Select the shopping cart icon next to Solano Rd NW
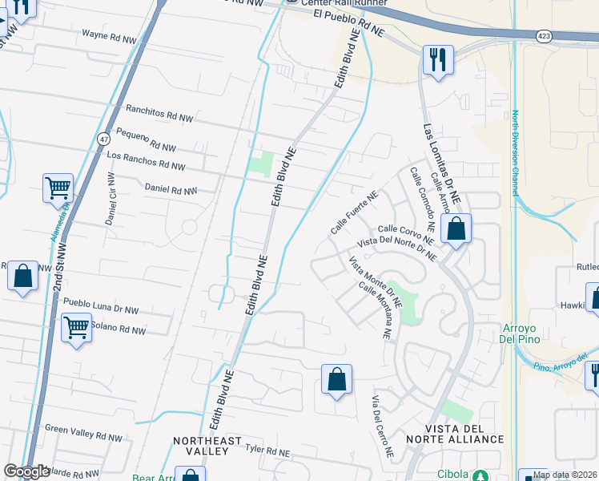point(76,327)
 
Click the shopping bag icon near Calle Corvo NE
point(456,229)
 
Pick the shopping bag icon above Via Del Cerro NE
point(337,379)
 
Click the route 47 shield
point(104,139)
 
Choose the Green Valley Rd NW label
point(83,433)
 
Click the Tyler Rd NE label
point(267,452)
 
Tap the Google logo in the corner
point(26,471)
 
